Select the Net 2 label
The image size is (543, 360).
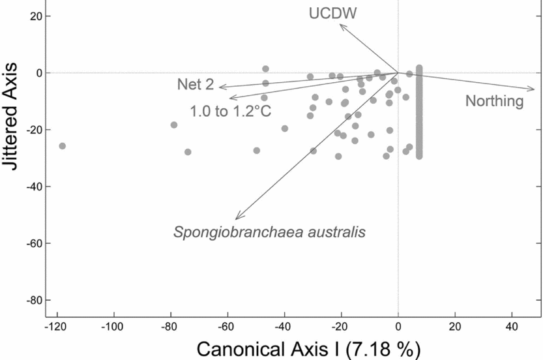[x=195, y=84]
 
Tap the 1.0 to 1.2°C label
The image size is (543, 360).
[x=230, y=112]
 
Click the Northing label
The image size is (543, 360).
[x=494, y=100]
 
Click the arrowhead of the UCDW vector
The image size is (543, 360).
[x=340, y=25]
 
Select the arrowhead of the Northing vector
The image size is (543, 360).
[x=534, y=89]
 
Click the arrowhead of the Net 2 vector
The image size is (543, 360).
[x=220, y=87]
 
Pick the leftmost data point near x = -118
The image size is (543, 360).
[x=63, y=146]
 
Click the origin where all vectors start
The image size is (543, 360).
[x=398, y=72]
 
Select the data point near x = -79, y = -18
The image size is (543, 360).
[x=174, y=125]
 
